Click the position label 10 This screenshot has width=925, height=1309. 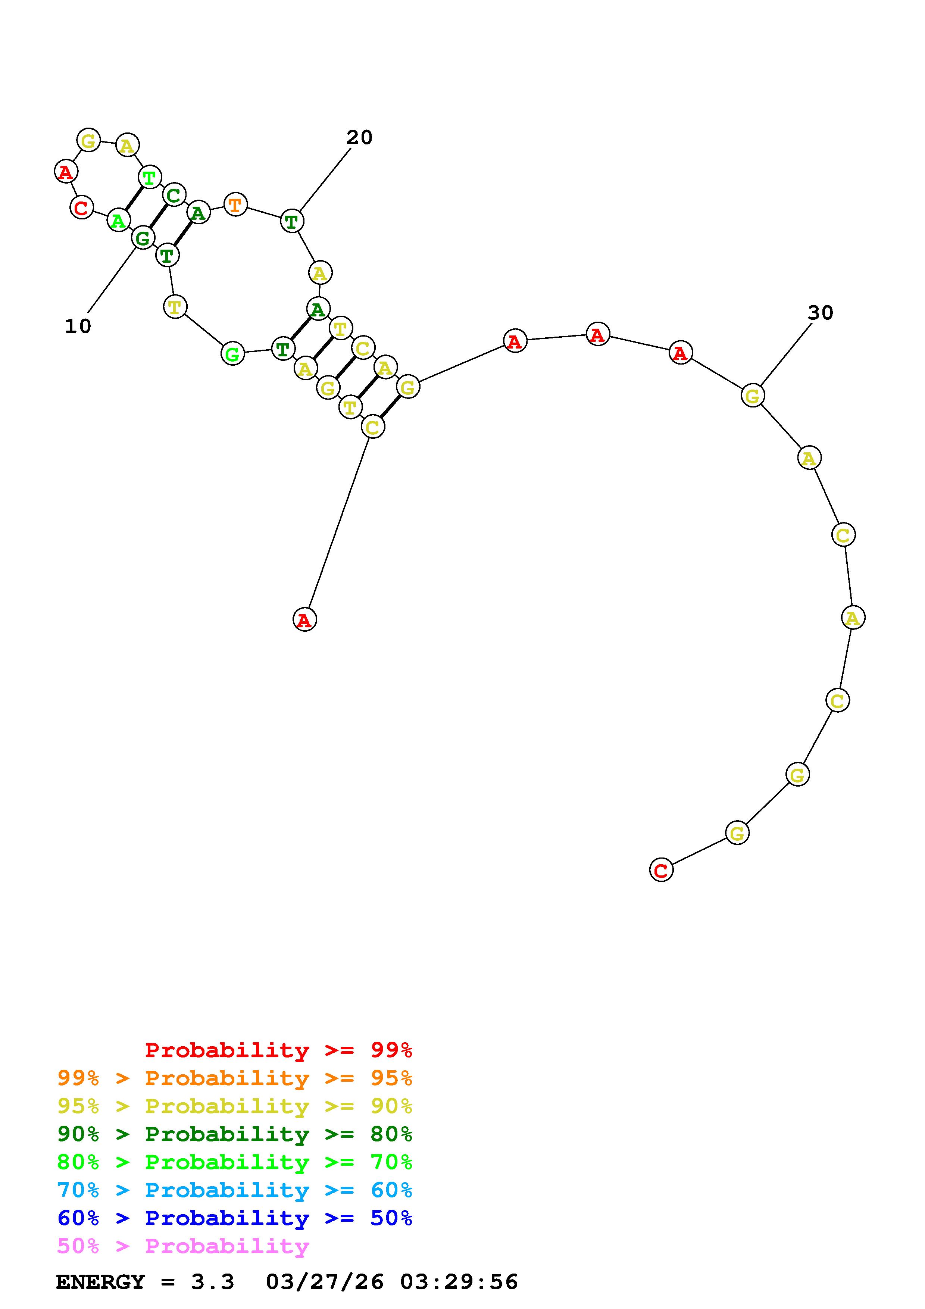[78, 326]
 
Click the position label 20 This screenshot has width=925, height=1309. [360, 137]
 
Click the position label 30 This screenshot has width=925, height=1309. [821, 312]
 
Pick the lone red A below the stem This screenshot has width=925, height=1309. [305, 620]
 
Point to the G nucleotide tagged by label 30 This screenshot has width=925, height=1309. [753, 396]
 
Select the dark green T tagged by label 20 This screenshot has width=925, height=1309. [292, 221]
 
